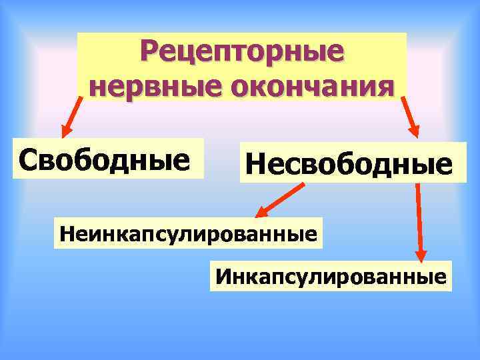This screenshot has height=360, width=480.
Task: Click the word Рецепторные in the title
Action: click(243, 52)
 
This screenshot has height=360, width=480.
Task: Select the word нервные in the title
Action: click(141, 85)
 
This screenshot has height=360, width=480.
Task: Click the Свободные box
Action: click(107, 159)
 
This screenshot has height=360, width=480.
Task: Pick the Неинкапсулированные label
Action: click(187, 233)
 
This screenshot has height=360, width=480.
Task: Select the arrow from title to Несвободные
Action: click(409, 117)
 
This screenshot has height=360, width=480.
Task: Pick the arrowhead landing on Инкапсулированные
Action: click(421, 256)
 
